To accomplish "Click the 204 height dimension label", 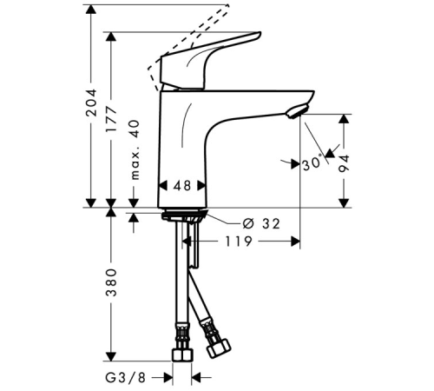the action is click(91, 103).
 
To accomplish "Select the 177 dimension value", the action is click(111, 119).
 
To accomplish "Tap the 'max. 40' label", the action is click(135, 149).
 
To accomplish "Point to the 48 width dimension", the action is click(182, 186).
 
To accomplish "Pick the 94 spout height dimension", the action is click(344, 163).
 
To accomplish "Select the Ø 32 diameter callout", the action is click(261, 223).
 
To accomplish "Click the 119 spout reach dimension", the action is click(239, 241).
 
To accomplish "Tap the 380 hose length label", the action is click(111, 282).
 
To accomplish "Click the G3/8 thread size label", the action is click(125, 378).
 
